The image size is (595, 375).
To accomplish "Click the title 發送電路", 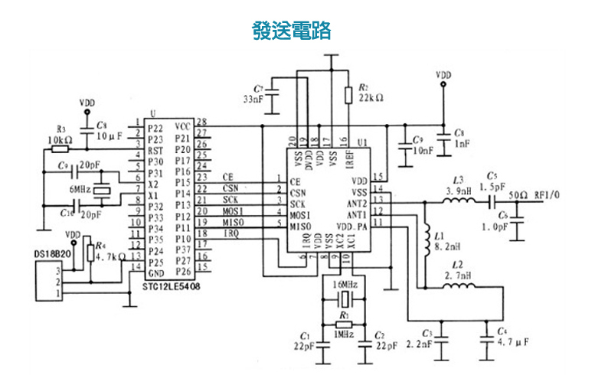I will (x=292, y=31).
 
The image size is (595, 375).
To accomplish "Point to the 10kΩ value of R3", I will (x=59, y=141).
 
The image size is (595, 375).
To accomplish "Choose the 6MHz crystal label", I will (x=82, y=189).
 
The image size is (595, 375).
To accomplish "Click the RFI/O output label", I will (x=549, y=194).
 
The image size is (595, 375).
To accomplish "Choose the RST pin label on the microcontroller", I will (x=155, y=152).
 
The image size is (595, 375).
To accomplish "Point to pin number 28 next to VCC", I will (x=201, y=122).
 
